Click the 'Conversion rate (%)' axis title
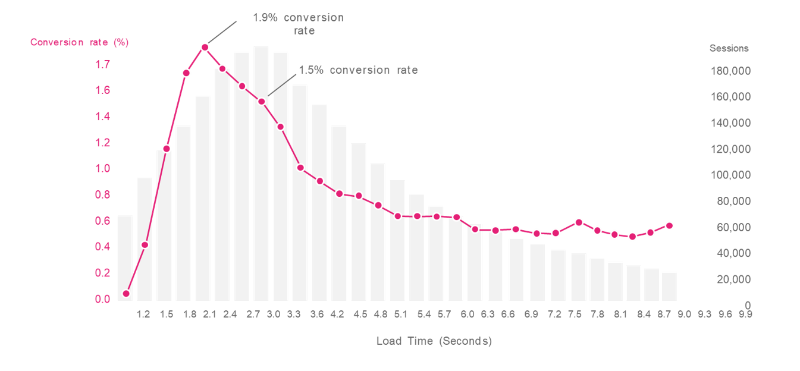[79, 42]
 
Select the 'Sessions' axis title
[729, 48]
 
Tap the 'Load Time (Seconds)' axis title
[434, 341]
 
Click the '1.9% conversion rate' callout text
[298, 24]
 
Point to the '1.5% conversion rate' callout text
[357, 70]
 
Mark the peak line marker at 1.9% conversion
[205, 47]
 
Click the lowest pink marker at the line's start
[126, 293]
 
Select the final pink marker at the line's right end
[669, 225]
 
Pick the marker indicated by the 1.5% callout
[262, 102]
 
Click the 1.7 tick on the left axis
[103, 64]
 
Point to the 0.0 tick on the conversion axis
[103, 299]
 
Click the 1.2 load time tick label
[143, 315]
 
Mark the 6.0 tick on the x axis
[467, 315]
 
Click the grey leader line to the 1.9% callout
[222, 33]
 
